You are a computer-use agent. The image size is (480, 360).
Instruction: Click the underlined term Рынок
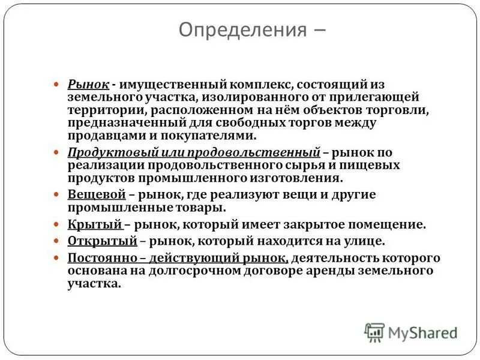88,85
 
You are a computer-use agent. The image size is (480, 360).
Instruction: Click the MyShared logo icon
374,332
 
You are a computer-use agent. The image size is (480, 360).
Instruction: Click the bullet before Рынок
57,85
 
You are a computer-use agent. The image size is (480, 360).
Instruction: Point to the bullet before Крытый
57,226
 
